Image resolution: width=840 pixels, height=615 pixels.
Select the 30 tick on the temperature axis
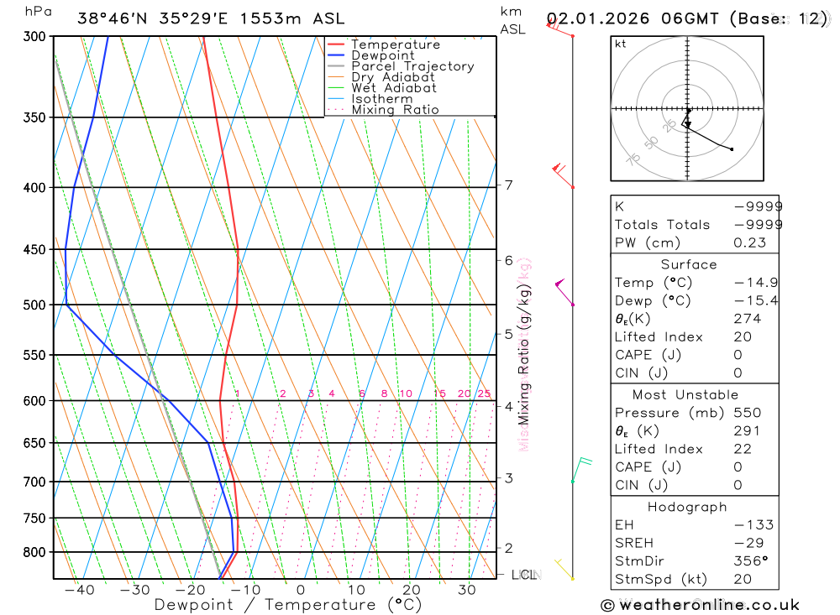(x=467, y=590)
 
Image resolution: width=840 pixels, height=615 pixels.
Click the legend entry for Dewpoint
(x=383, y=55)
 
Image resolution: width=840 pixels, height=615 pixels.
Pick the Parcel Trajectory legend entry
(x=412, y=66)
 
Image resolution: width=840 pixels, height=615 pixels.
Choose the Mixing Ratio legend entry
(x=395, y=110)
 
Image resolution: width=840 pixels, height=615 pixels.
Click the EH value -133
(x=755, y=525)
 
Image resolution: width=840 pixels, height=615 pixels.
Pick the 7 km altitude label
(x=509, y=185)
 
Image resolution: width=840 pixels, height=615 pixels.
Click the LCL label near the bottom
(x=524, y=575)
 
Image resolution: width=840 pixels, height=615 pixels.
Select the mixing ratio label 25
(x=484, y=393)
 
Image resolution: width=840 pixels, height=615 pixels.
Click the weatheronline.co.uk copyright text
(x=700, y=605)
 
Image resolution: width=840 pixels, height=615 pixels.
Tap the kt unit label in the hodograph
(x=621, y=44)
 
